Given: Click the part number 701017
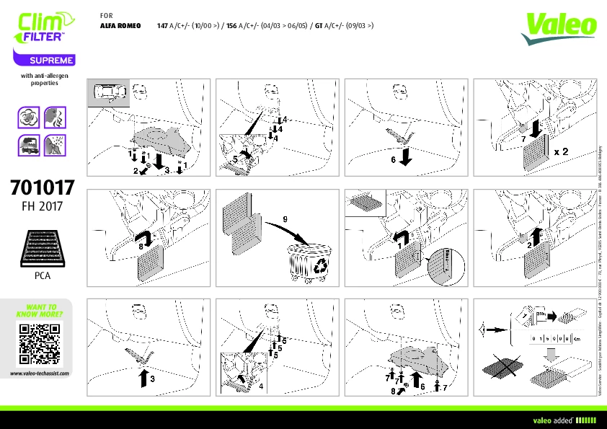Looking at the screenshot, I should [x=43, y=189].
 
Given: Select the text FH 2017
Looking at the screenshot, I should [x=43, y=206].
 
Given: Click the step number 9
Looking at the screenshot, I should [x=285, y=218].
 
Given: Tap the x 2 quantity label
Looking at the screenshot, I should [x=562, y=153].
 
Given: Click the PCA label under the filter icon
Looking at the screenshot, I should [x=43, y=275].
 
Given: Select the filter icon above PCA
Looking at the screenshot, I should [x=43, y=248].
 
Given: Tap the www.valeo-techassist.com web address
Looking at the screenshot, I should [x=39, y=373].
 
